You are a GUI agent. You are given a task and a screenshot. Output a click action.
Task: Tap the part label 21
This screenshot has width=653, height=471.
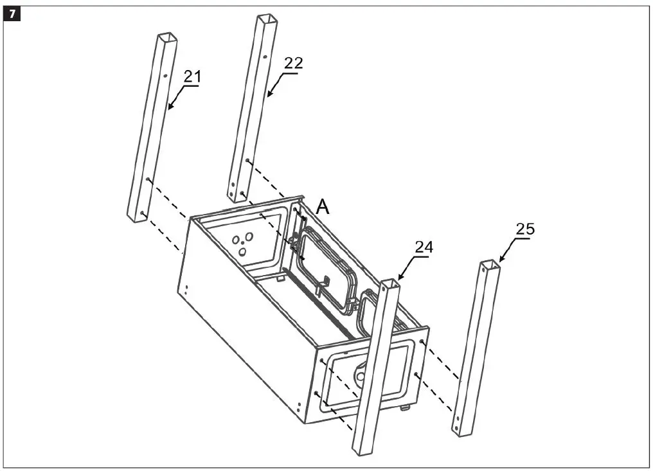[x=192, y=76]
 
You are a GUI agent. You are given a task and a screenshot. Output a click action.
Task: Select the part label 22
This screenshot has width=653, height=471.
[x=292, y=63]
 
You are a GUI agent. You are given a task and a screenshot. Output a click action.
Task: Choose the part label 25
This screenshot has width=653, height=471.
[x=524, y=228]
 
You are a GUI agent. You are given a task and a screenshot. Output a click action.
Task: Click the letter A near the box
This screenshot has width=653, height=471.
[x=323, y=206]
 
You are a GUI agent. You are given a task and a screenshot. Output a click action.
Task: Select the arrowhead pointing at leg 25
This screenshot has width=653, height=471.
[x=499, y=262]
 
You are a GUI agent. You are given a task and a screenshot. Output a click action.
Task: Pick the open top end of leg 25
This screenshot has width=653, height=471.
[x=490, y=264]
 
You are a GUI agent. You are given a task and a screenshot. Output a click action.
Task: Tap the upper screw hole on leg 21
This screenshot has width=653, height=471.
[x=165, y=76]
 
